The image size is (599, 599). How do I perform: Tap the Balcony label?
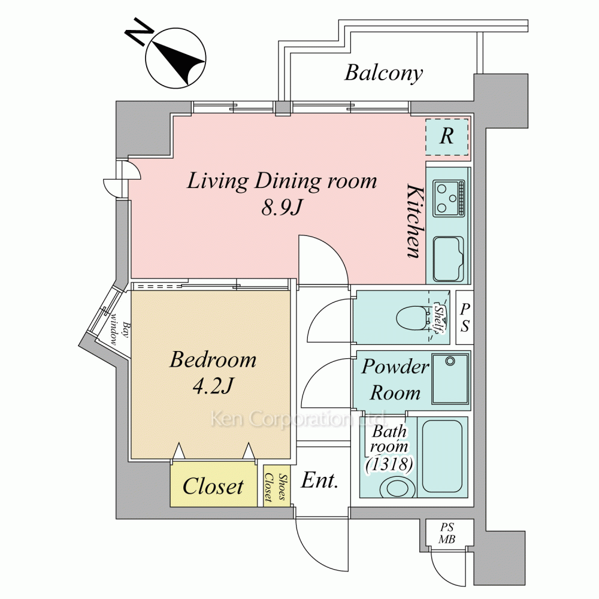383,73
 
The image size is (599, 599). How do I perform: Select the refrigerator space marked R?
447,137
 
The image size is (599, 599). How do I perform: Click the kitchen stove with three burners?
449,198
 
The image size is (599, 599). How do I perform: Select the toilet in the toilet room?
413,317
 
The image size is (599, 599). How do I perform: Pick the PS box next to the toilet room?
464,317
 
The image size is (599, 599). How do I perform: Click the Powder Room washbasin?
450,379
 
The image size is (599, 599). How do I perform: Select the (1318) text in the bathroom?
389,463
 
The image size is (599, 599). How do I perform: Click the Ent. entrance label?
320,480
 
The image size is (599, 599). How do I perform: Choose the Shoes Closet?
277,486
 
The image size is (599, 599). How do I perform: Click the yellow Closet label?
213,486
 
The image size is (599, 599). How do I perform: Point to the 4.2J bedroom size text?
212,386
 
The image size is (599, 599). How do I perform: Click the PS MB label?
447,534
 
